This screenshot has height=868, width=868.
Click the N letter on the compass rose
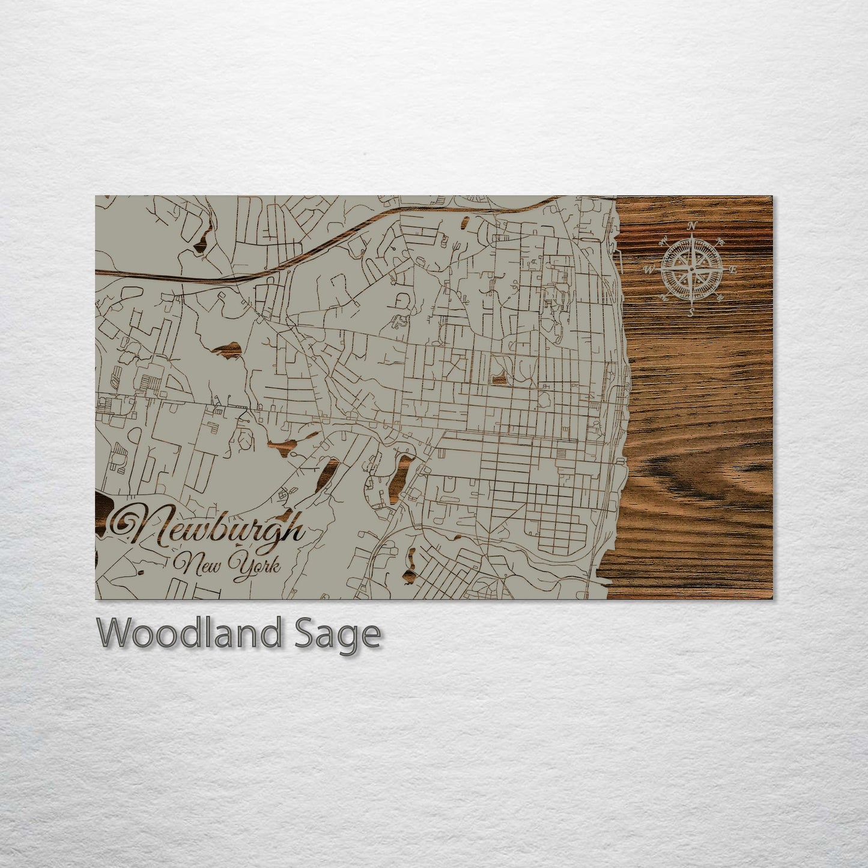[x=691, y=226]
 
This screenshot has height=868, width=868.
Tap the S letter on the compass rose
[x=691, y=312]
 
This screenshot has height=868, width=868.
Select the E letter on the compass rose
[x=733, y=270]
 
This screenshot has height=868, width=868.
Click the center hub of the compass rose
[x=691, y=270]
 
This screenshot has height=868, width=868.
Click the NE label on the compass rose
[x=721, y=241]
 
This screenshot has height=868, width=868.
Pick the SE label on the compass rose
[x=721, y=299]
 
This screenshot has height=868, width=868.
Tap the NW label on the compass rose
[x=664, y=241]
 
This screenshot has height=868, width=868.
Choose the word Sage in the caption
[x=337, y=634]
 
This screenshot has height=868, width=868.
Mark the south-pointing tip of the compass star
[x=691, y=303]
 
